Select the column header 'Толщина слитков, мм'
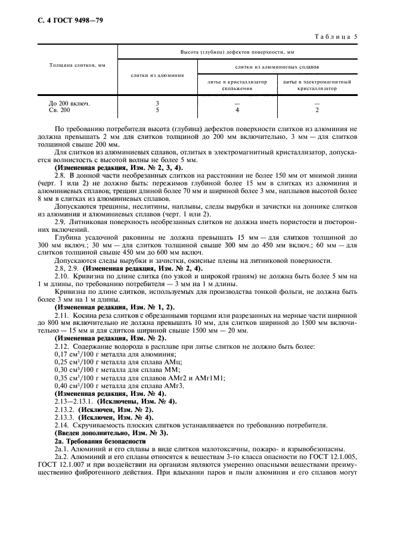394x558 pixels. tap(77, 64)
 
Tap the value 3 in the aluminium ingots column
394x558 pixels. tap(157, 103)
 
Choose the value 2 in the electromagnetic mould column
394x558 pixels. tap(317, 110)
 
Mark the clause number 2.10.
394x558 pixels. tap(62, 276)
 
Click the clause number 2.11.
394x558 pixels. tap(62, 314)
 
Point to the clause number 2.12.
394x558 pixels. tap(62, 346)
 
